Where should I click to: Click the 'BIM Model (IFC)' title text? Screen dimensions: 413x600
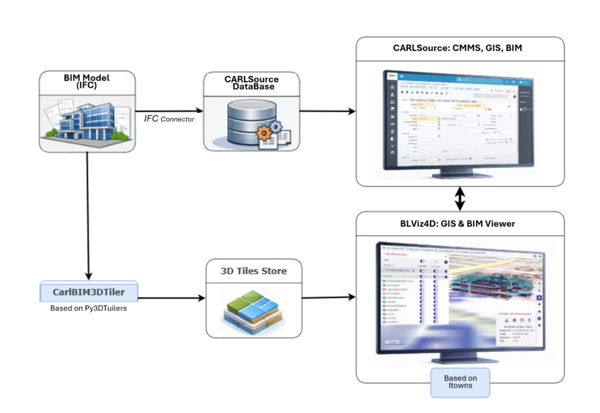pos(87,82)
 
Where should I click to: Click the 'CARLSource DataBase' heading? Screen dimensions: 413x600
pos(252,82)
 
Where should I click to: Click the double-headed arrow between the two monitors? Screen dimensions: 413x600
pos(460,198)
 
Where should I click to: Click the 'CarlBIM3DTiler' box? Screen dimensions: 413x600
pos(87,291)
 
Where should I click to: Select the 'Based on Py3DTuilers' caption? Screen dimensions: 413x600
pos(87,308)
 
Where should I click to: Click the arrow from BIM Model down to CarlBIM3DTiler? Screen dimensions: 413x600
pos(87,216)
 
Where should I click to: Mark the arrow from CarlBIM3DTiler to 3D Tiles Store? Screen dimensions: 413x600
pos(169,299)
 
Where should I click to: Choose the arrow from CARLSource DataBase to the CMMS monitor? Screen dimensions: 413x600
pos(328,110)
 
